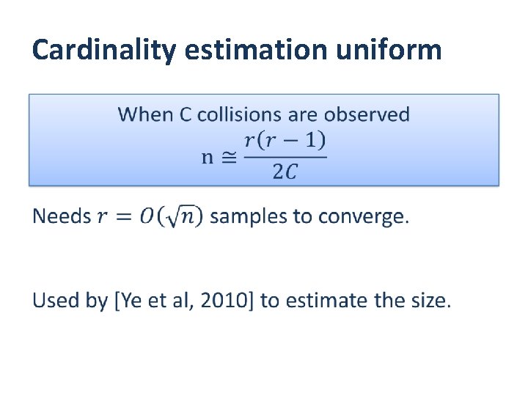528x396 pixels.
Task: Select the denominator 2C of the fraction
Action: coord(285,172)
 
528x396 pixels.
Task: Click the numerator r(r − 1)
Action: coord(285,140)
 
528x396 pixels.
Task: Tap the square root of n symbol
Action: coord(186,217)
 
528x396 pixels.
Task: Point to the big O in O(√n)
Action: coord(147,217)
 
